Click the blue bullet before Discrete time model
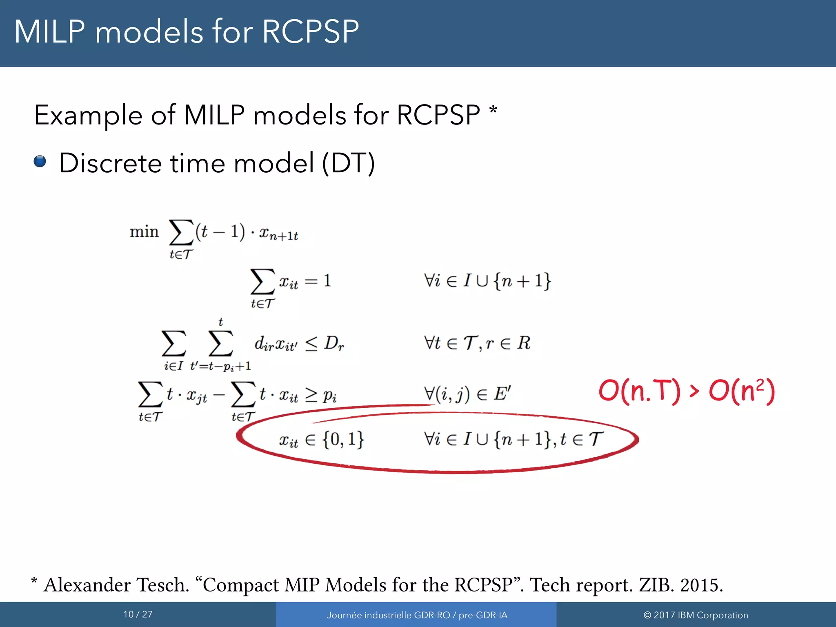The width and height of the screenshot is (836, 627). click(40, 162)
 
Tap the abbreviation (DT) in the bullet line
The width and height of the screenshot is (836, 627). click(348, 163)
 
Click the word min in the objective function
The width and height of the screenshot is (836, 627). click(144, 232)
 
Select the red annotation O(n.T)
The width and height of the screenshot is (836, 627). click(639, 391)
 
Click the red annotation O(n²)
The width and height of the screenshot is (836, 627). click(742, 391)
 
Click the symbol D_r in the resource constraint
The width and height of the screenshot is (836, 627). click(334, 344)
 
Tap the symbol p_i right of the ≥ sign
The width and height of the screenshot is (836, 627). click(329, 395)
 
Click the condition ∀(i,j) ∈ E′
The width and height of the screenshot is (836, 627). click(467, 394)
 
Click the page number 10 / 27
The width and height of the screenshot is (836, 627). click(138, 614)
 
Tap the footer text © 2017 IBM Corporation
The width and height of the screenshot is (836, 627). click(696, 615)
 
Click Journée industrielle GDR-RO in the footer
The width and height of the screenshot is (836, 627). click(388, 615)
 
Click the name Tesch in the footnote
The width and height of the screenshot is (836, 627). click(162, 585)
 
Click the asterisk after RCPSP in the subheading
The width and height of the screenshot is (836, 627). click(493, 110)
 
